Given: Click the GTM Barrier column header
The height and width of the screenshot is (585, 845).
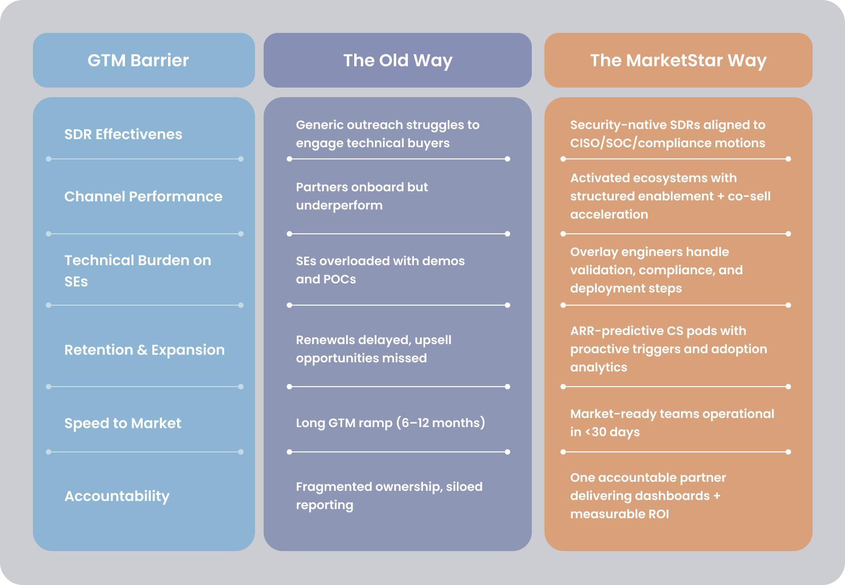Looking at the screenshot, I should [x=138, y=61].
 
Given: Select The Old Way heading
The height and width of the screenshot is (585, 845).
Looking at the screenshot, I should [x=398, y=61].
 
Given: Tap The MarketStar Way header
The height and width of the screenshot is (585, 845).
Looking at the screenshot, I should [x=678, y=61].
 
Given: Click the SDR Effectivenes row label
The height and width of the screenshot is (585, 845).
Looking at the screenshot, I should [x=123, y=134].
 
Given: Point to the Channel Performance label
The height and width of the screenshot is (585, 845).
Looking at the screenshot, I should [x=143, y=196].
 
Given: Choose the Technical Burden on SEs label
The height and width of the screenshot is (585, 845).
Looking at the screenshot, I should [x=137, y=271].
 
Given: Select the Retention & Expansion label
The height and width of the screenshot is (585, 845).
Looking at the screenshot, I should [x=144, y=350].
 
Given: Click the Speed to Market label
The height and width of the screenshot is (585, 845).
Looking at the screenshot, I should [x=122, y=423].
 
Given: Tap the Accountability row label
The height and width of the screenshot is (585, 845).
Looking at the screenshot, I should [x=117, y=496].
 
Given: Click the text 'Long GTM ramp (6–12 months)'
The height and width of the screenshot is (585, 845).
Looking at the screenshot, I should [x=390, y=423].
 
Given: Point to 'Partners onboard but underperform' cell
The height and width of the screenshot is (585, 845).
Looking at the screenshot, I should [x=362, y=196].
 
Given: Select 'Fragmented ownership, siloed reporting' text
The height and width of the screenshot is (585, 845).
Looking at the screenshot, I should [x=389, y=495].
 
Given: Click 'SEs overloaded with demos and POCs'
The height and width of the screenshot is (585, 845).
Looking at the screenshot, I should [x=380, y=270].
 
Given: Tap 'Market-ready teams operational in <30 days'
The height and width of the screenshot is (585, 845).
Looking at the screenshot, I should [x=671, y=423].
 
